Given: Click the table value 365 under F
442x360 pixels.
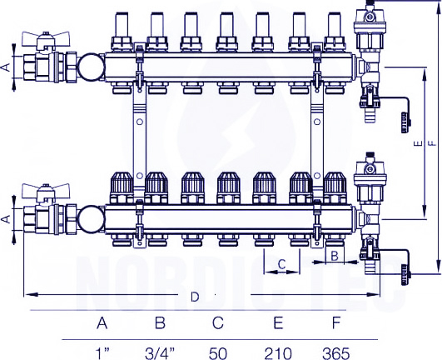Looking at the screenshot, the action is click(335, 354).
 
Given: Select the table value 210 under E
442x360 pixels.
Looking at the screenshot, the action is click(278, 354).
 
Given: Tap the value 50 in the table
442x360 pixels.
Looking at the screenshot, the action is click(218, 354).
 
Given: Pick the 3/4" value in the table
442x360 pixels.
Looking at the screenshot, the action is click(160, 354).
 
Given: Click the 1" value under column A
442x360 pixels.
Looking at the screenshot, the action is click(102, 354).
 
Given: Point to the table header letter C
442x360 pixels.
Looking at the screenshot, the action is click(218, 322).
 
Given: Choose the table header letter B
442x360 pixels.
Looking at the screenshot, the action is click(160, 322).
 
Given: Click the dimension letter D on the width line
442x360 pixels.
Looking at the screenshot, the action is click(195, 297).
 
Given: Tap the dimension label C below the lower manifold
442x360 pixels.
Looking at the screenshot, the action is click(281, 264).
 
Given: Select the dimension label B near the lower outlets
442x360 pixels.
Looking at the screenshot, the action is click(335, 256).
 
